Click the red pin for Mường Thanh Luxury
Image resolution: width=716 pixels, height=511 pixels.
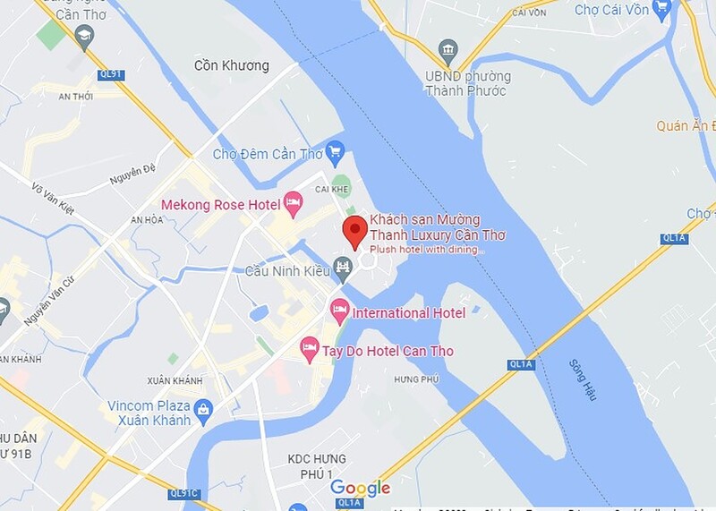click(355, 230)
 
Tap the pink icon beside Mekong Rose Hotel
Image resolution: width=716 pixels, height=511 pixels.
click(293, 203)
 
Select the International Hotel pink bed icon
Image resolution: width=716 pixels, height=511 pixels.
click(339, 311)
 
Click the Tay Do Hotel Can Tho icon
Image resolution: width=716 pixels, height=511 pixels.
click(310, 349)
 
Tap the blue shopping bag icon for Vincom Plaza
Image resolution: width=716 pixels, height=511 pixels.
click(203, 411)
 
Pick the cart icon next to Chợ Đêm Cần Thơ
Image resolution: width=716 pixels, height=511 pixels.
click(336, 151)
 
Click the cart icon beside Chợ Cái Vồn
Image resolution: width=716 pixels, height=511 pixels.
click(661, 9)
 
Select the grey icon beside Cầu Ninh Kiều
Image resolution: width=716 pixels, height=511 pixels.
click(342, 266)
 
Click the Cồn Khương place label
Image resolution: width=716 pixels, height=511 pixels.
click(232, 65)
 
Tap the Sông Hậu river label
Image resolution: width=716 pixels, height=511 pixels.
click(582, 379)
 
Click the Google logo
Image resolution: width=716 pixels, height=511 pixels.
click(360, 488)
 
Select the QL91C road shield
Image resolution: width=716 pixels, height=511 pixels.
click(183, 493)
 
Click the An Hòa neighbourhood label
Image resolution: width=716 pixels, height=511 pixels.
click(148, 219)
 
